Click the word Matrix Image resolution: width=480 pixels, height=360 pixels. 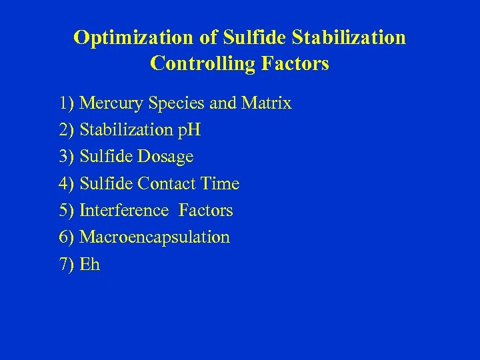[267, 104]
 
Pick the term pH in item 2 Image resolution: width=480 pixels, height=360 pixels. [189, 131]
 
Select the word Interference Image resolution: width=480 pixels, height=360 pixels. [124, 211]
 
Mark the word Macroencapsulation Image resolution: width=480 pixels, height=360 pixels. [155, 237]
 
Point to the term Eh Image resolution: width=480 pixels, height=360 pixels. [89, 265]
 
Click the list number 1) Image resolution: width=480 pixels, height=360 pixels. [67, 104]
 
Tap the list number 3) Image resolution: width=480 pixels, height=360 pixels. [67, 157]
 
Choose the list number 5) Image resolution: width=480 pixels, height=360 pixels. [67, 211]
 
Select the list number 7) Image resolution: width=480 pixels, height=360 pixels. [67, 265]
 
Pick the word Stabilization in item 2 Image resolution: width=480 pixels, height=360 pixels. [127, 131]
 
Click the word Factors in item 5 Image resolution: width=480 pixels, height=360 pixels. [206, 211]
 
